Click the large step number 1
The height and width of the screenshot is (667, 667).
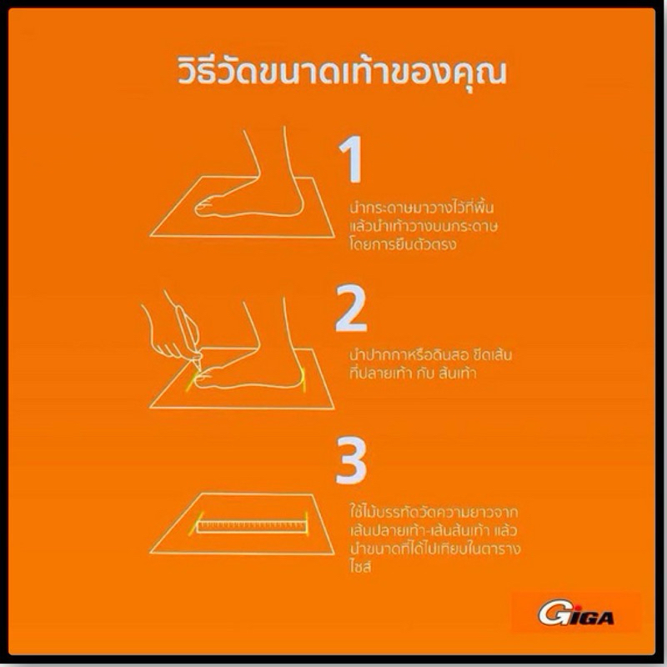pyautogui.click(x=351, y=159)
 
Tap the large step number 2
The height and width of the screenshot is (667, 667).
pyautogui.click(x=351, y=308)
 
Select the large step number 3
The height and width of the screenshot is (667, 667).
pyautogui.click(x=351, y=461)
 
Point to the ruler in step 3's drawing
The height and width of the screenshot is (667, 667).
pyautogui.click(x=253, y=527)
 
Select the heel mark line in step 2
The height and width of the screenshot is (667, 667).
pyautogui.click(x=304, y=379)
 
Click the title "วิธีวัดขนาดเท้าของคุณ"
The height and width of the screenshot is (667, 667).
pyautogui.click(x=342, y=73)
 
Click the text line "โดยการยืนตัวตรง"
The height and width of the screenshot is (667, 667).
pyautogui.click(x=403, y=244)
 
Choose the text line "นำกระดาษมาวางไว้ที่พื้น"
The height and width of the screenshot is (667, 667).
pyautogui.click(x=422, y=207)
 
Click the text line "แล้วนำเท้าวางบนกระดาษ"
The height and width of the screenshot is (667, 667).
pyautogui.click(x=424, y=226)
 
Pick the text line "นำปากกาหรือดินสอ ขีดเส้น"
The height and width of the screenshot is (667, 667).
pyautogui.click(x=430, y=354)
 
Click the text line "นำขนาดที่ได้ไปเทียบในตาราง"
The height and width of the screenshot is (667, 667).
pyautogui.click(x=434, y=549)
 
